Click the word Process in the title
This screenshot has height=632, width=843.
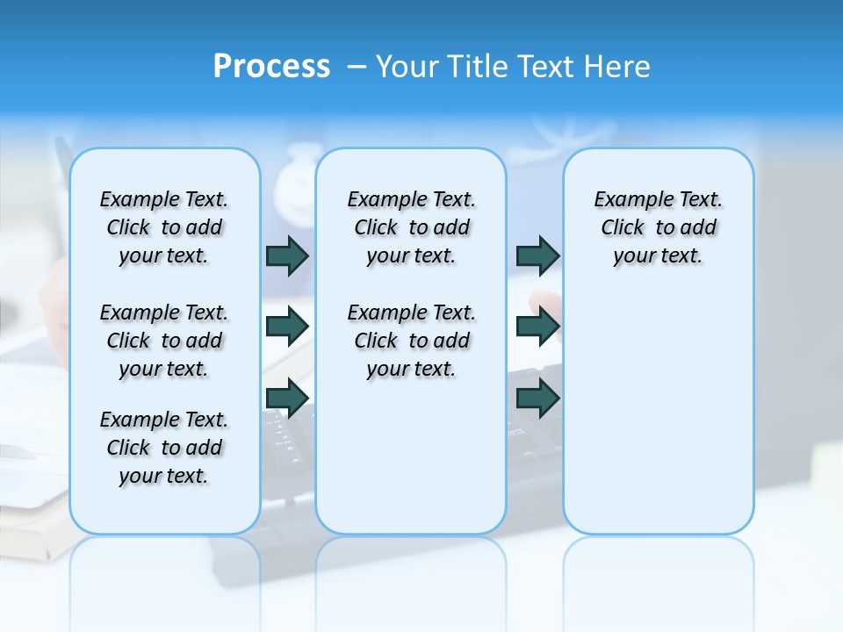[271, 67]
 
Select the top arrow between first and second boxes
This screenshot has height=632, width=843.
[287, 255]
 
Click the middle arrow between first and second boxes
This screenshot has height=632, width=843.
[287, 327]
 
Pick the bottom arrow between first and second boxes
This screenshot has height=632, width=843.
[287, 399]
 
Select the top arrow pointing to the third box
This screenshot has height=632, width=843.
[537, 255]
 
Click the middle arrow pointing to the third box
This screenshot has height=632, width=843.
[537, 327]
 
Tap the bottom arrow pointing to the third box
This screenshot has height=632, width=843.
[537, 399]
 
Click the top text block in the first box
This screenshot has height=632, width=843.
[164, 227]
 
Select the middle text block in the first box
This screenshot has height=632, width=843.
[164, 341]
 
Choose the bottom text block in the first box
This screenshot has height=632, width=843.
[164, 448]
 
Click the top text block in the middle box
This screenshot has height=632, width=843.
[411, 227]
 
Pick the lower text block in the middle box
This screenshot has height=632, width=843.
[411, 341]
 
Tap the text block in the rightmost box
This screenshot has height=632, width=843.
[659, 227]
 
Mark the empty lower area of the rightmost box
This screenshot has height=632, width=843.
[659, 413]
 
